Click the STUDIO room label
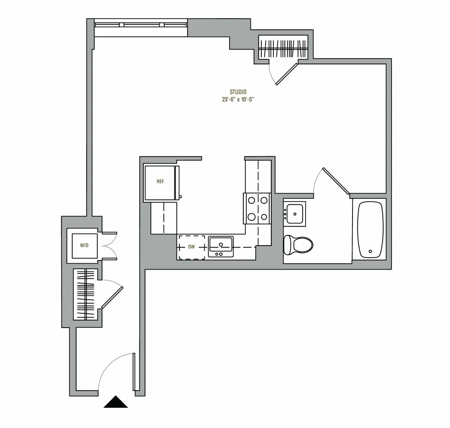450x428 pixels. [238, 92]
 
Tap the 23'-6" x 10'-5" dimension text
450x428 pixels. [238, 100]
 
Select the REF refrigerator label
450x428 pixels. [160, 182]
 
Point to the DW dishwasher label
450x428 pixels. [191, 247]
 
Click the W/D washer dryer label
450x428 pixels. [84, 246]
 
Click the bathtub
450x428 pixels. [370, 230]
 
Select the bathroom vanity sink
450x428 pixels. [295, 213]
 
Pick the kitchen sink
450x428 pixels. [221, 246]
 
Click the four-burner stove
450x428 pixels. [257, 209]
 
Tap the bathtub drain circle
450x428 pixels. [370, 251]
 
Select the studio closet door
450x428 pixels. [286, 74]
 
